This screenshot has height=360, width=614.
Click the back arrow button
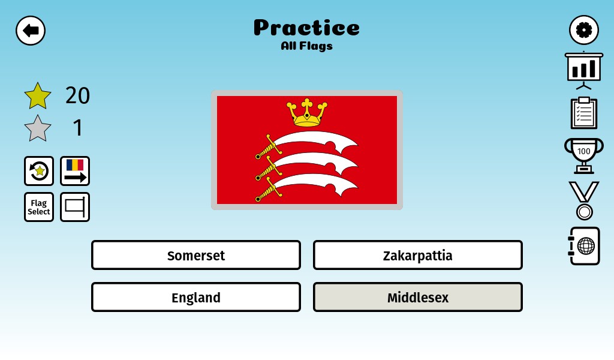(31, 31)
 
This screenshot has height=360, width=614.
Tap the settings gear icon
(584, 30)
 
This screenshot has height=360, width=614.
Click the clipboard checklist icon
(584, 113)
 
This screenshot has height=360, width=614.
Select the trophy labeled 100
(584, 155)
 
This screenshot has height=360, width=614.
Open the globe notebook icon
(584, 246)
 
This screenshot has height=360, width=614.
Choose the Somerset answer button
(196, 256)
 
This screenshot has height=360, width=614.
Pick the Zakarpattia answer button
(418, 256)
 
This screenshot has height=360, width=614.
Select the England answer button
(196, 298)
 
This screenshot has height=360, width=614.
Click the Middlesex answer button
(418, 298)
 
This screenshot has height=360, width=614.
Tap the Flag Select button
(39, 207)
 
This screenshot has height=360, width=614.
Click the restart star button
(39, 171)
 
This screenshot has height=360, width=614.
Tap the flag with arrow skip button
(75, 171)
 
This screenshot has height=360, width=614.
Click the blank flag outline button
(75, 207)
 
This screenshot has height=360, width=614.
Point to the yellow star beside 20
(38, 97)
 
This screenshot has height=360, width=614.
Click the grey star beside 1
(38, 129)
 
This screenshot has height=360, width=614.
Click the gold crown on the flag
(307, 113)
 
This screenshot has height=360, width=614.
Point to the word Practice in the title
(306, 28)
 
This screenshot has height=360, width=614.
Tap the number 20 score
(77, 95)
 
